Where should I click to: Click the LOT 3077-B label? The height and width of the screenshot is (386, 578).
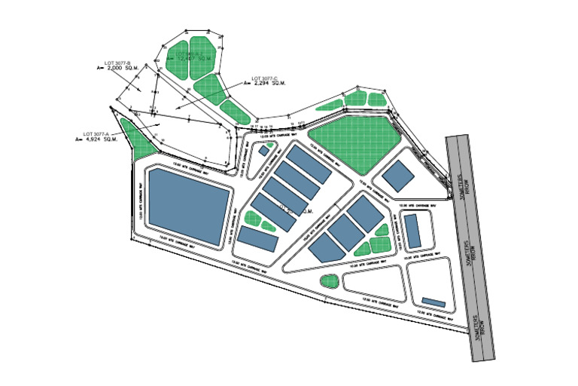[x=120, y=62]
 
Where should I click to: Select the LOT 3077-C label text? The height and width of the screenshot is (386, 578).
[x=265, y=78]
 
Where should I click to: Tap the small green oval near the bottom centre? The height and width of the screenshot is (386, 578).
[x=328, y=281]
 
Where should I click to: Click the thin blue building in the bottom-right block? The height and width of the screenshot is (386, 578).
[x=434, y=302]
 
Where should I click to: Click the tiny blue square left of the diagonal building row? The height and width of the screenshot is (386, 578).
[x=263, y=150]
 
